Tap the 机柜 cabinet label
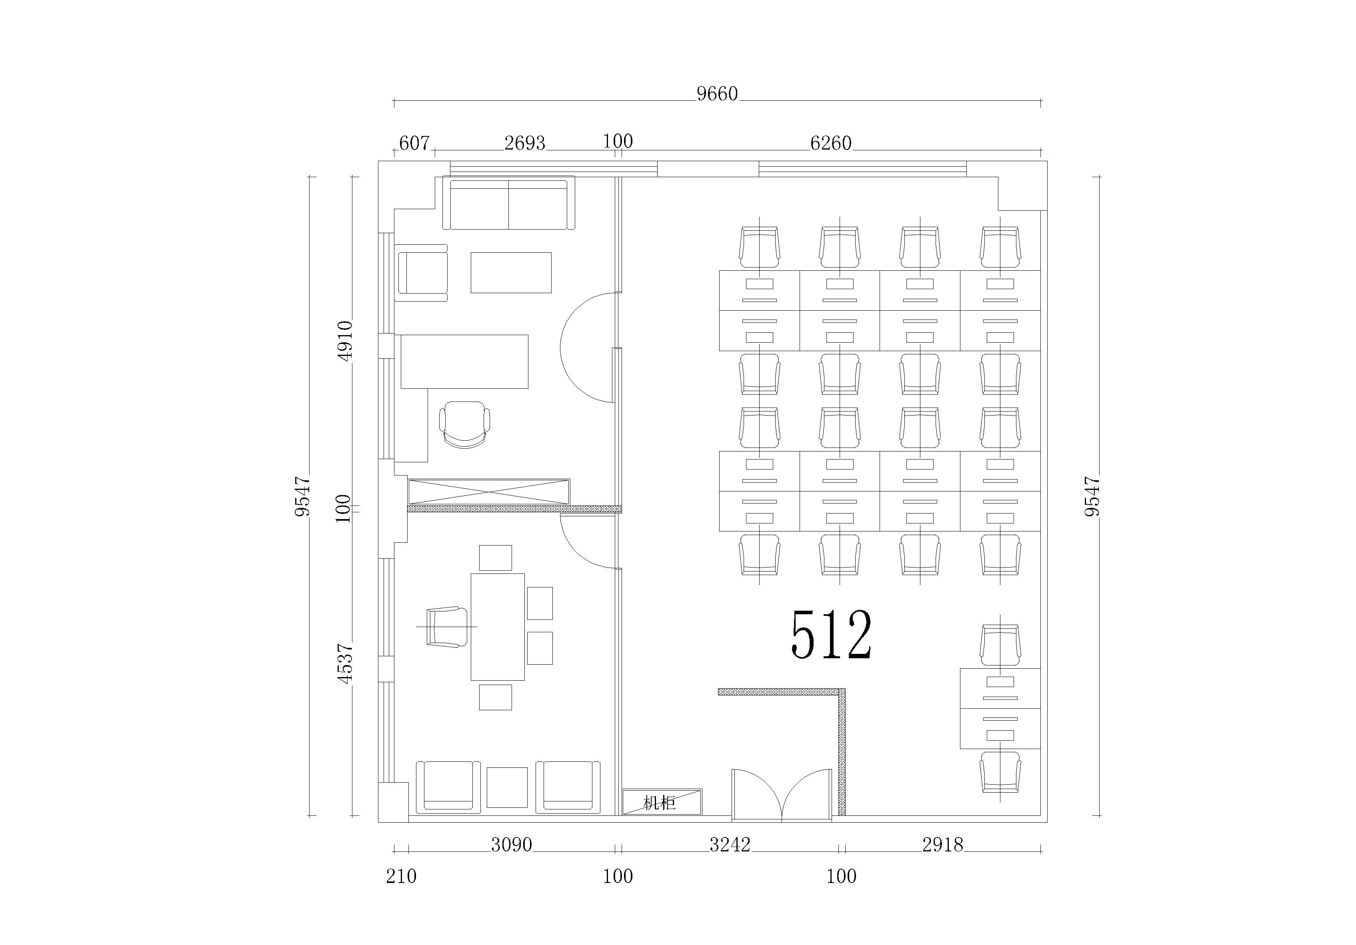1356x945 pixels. [x=659, y=803]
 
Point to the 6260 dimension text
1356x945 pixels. [x=830, y=143]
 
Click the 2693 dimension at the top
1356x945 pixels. [x=524, y=143]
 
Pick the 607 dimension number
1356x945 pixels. [x=414, y=143]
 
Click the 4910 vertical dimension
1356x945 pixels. [x=344, y=341]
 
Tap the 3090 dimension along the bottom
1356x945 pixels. [x=512, y=845]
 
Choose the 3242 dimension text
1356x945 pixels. [x=730, y=845]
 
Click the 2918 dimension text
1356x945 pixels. [x=942, y=845]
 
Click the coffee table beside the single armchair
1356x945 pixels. [x=511, y=273]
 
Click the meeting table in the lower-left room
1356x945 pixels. [x=497, y=627]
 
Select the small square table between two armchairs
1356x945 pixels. [x=507, y=788]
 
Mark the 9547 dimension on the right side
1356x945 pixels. [x=1092, y=497]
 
